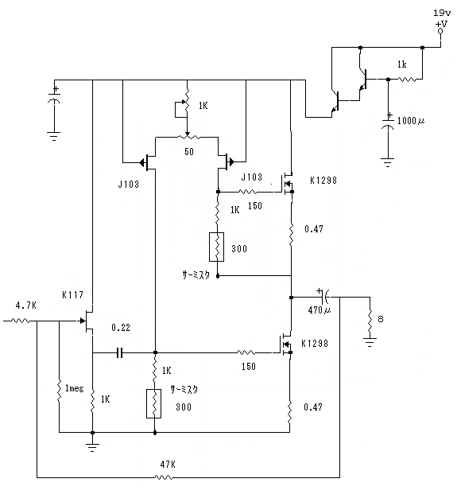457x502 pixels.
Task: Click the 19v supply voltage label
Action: click(x=442, y=13)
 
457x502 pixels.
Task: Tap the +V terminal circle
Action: click(x=440, y=31)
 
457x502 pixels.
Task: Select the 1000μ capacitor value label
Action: click(x=411, y=121)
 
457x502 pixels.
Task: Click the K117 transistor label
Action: click(x=72, y=295)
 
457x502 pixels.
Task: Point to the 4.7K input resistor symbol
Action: click(x=21, y=321)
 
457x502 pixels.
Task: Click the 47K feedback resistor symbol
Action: click(x=164, y=477)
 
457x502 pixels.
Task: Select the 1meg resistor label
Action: click(x=74, y=388)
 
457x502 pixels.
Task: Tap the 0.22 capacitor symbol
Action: click(x=119, y=352)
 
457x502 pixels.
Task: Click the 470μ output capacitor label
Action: click(x=320, y=310)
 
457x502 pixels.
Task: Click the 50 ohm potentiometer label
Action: click(x=189, y=151)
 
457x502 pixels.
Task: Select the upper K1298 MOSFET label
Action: click(x=323, y=181)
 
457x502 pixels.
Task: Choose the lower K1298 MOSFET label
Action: click(x=315, y=344)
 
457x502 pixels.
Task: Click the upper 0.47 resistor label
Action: click(x=314, y=229)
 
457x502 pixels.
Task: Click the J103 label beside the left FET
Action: click(x=129, y=184)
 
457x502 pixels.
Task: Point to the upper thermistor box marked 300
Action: click(x=216, y=247)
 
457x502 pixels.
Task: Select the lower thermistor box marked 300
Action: click(x=154, y=403)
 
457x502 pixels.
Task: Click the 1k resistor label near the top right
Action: click(x=401, y=64)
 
